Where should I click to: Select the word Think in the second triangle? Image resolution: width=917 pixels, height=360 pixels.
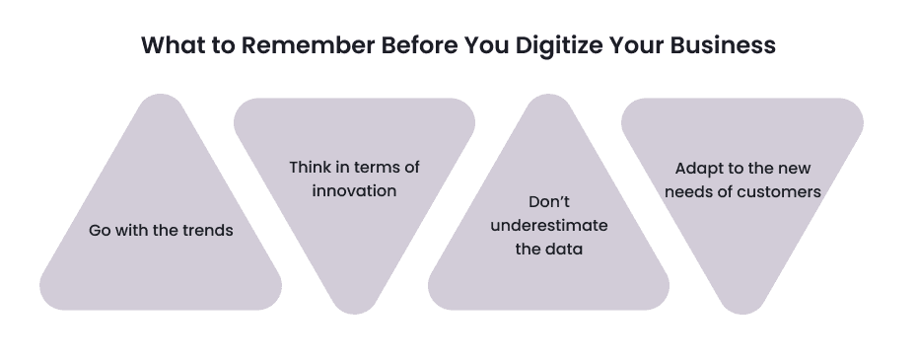(x=310, y=168)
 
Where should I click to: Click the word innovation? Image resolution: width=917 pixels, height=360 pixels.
(x=354, y=190)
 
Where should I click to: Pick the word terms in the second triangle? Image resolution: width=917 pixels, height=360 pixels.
(x=374, y=168)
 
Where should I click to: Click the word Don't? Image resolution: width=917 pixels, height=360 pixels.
(x=548, y=202)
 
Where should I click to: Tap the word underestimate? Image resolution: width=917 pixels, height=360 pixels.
(x=548, y=226)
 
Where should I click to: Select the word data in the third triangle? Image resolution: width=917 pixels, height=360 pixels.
(x=563, y=249)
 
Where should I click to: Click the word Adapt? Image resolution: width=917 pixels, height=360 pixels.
(x=698, y=169)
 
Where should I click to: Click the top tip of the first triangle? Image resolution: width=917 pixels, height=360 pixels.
(x=161, y=98)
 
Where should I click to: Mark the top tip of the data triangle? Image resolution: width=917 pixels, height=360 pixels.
(x=548, y=98)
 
